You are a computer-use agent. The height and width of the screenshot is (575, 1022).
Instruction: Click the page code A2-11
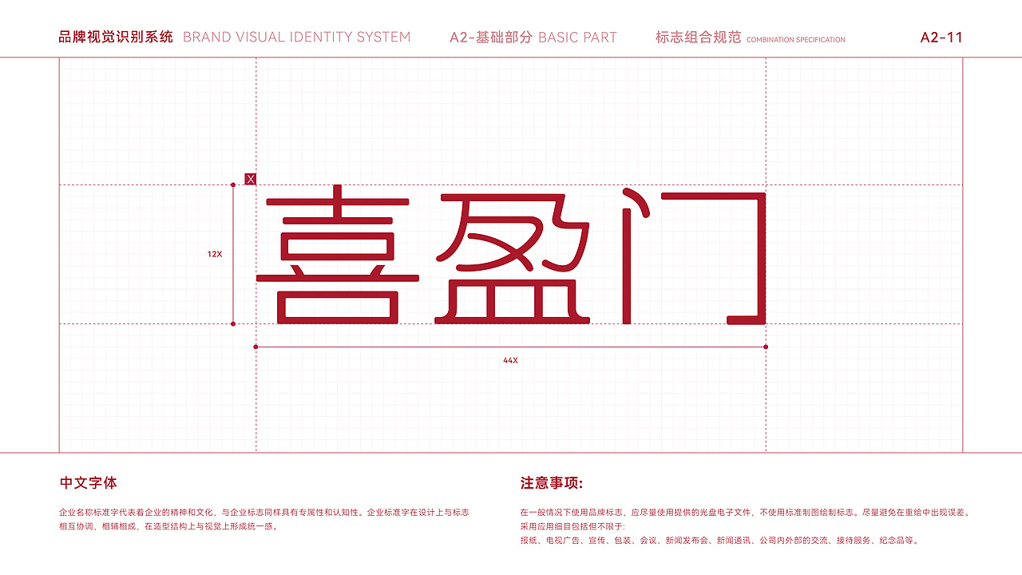tap(941, 38)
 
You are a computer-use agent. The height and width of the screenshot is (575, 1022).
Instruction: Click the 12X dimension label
tap(215, 254)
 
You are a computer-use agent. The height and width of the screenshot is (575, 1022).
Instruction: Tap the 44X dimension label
tap(510, 360)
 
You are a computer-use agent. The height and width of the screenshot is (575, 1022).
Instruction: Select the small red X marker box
tap(250, 179)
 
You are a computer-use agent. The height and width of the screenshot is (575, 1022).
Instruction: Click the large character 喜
tap(337, 256)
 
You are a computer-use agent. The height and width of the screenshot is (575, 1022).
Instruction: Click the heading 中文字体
tap(89, 483)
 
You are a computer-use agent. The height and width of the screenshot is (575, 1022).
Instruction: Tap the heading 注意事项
tap(552, 483)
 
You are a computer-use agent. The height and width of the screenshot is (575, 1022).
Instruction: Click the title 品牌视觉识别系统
tap(116, 38)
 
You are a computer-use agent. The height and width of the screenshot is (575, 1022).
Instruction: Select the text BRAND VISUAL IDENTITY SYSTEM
tap(297, 38)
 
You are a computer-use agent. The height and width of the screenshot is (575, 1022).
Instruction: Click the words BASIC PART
tap(577, 38)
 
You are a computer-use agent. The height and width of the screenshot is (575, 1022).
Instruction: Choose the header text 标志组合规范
tap(698, 38)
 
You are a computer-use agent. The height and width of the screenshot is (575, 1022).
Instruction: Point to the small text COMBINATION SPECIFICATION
tap(795, 40)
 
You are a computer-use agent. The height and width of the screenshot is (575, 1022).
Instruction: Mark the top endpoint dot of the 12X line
tap(233, 185)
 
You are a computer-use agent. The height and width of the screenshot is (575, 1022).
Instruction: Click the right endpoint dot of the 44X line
tap(766, 347)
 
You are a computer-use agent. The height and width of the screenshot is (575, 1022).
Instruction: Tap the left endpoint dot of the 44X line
tap(255, 347)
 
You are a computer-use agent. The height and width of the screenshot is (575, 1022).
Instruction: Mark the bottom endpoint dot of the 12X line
tap(233, 323)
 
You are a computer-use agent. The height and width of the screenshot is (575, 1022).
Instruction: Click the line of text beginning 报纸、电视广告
tap(719, 541)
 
